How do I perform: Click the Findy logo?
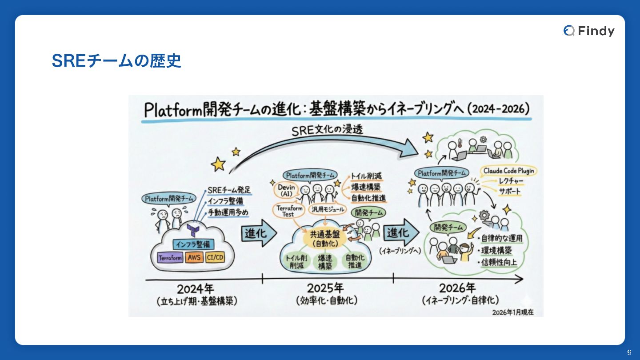(589, 31)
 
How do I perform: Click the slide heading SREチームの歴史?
(116, 61)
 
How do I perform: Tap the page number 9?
(629, 352)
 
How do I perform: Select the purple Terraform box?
(170, 258)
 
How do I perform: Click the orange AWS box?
(194, 258)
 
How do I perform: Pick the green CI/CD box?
(215, 258)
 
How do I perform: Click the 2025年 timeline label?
(326, 288)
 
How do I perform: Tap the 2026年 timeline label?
(457, 288)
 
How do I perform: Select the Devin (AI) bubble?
(286, 190)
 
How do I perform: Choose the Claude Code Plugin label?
(508, 171)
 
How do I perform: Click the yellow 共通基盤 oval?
(325, 239)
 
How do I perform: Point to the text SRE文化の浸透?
(327, 130)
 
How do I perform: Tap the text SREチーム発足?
(229, 191)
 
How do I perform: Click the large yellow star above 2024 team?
(218, 164)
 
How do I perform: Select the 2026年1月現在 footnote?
(512, 312)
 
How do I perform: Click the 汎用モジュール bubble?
(327, 209)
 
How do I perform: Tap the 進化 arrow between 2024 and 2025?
(258, 233)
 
